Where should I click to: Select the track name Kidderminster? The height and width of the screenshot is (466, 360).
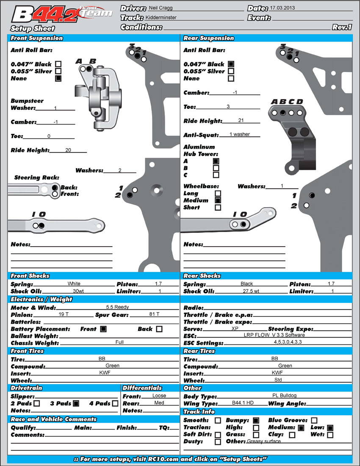coord(161,18)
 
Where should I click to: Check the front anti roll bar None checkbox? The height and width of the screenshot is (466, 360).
coord(58,78)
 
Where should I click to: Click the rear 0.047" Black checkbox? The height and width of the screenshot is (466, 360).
coord(231,64)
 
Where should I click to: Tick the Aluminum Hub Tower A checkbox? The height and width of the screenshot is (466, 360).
coord(216,161)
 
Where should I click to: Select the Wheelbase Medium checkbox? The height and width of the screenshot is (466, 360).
coord(218,200)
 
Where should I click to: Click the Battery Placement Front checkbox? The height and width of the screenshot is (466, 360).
coord(103,329)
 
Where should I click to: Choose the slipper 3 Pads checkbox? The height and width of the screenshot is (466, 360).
coord(76,403)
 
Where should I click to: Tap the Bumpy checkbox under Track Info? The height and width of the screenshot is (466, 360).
coord(256,420)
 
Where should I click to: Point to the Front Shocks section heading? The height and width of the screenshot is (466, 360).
coord(30,276)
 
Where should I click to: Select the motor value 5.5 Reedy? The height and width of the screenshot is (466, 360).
coord(117,307)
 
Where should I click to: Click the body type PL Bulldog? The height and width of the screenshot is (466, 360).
coord(281,396)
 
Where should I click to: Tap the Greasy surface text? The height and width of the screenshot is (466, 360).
coord(264,441)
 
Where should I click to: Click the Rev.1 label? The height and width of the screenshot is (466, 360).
coord(342,27)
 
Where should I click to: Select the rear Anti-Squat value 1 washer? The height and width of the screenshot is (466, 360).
coord(240,134)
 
